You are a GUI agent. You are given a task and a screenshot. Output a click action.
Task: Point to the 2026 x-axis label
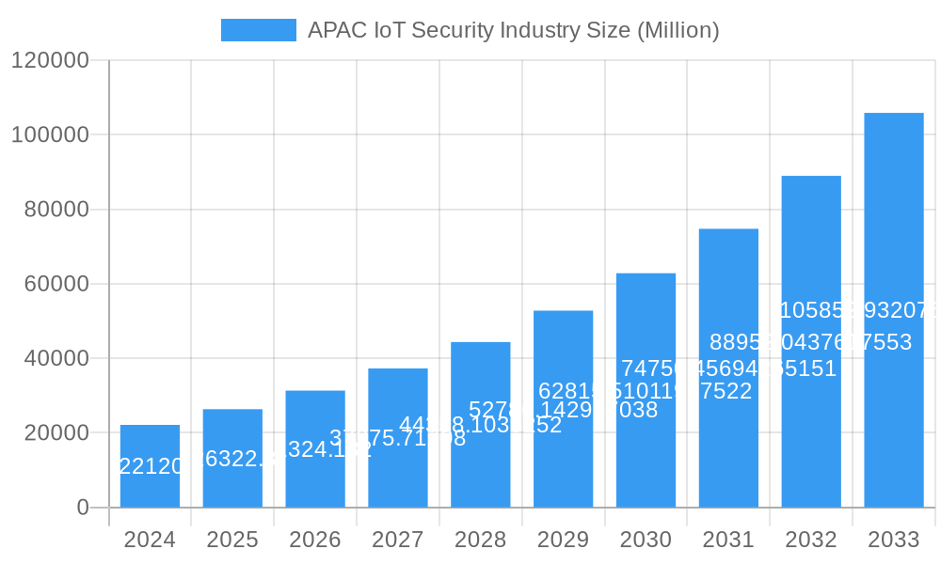click(315, 540)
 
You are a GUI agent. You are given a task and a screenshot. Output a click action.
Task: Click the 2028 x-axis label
click(480, 540)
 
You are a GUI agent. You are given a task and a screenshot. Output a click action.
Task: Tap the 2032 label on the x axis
click(811, 540)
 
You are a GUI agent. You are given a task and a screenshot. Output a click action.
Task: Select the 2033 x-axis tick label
click(894, 540)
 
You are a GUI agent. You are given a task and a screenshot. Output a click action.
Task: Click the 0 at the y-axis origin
click(82, 508)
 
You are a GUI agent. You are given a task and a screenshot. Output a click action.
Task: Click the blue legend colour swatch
click(258, 30)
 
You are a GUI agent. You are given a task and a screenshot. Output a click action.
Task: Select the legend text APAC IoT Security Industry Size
click(513, 30)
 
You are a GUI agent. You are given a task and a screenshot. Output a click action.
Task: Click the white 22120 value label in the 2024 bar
click(151, 466)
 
